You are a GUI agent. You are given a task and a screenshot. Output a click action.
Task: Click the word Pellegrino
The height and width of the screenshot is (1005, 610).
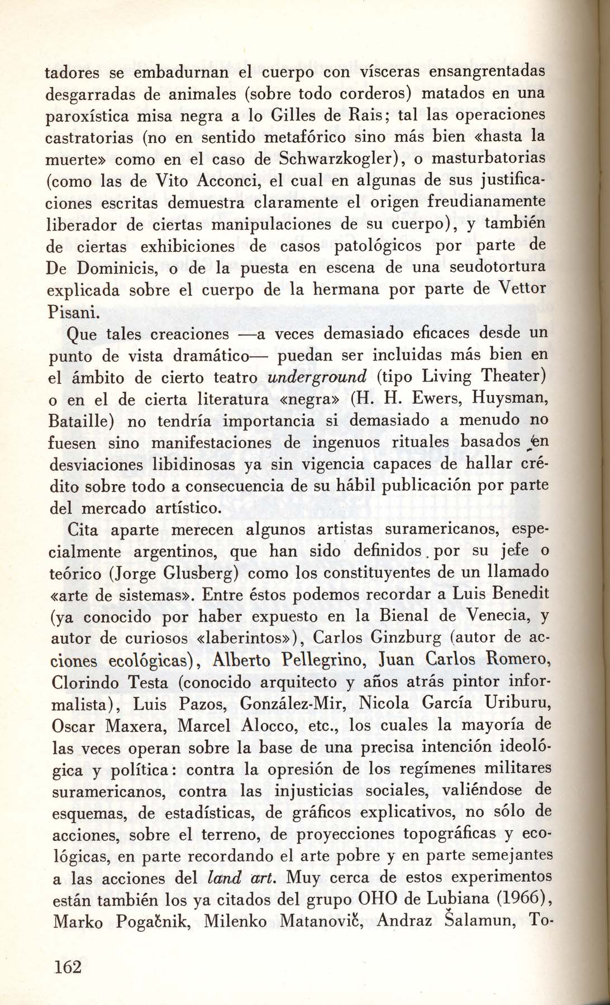coord(262,661)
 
